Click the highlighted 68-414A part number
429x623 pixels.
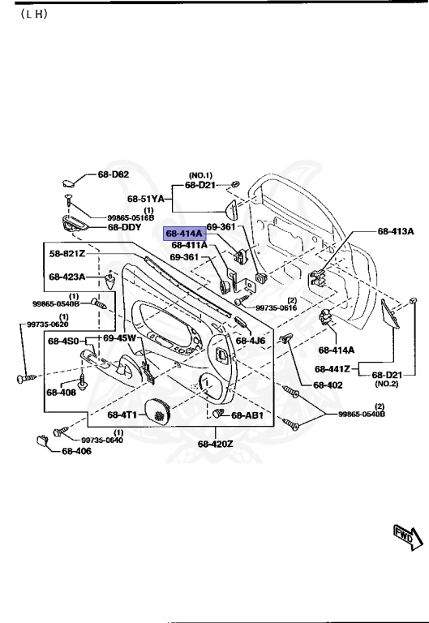pyautogui.click(x=184, y=234)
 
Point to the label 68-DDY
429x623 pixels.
pyautogui.click(x=125, y=228)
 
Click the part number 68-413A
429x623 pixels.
pyautogui.click(x=396, y=231)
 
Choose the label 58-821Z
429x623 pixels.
pyautogui.click(x=67, y=254)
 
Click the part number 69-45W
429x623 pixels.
pyautogui.click(x=119, y=337)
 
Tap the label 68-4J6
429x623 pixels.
pyautogui.click(x=251, y=341)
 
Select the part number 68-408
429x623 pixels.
pyautogui.click(x=61, y=393)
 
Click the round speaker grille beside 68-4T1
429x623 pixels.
pyautogui.click(x=160, y=412)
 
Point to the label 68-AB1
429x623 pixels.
pyautogui.click(x=248, y=415)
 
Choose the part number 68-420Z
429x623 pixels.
pyautogui.click(x=215, y=444)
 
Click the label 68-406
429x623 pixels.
pyautogui.click(x=78, y=452)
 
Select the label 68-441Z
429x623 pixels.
pyautogui.click(x=333, y=368)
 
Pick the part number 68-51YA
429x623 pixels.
pyautogui.click(x=146, y=198)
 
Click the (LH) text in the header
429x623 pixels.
pyautogui.click(x=31, y=15)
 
